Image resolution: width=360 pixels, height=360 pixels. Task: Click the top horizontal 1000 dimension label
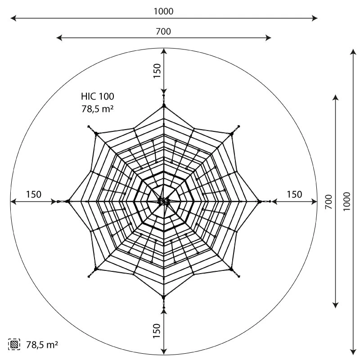tap(163, 11)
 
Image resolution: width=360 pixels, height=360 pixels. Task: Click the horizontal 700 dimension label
tap(163, 31)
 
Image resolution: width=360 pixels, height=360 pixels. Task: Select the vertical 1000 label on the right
tap(346, 201)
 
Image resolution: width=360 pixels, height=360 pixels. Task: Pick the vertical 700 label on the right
tap(329, 202)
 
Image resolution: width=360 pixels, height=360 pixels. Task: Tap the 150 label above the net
tap(157, 71)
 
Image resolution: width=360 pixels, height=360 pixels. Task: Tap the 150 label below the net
tap(157, 331)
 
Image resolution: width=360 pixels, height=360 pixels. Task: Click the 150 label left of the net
tap(34, 194)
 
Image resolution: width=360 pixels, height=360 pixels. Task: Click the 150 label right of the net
tap(294, 194)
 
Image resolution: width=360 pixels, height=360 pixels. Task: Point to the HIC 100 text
tap(97, 96)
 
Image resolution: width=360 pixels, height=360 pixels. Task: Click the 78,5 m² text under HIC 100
tap(97, 109)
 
